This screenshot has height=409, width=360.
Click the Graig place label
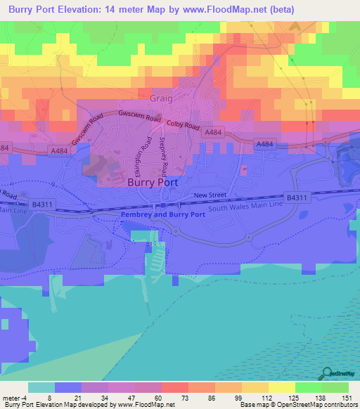[x=161, y=99]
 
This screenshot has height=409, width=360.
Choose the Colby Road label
[x=184, y=124]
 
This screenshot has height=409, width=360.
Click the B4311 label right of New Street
[x=297, y=197]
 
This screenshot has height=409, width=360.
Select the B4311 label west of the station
[x=43, y=204]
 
